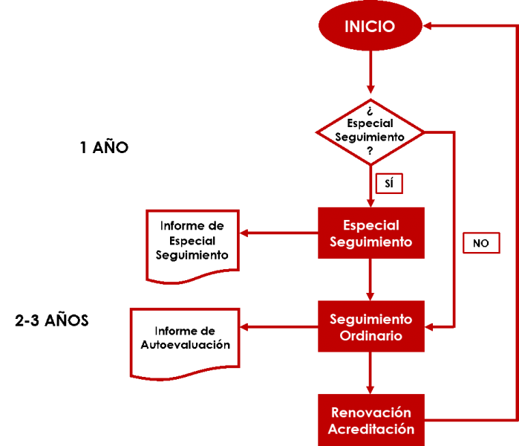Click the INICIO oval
370,26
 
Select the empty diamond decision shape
371,132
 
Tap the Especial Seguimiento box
371,233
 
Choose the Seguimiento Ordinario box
371,326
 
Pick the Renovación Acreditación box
371,420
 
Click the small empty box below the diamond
389,183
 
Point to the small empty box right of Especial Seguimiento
481,243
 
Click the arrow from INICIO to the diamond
371,73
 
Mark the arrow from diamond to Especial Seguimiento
371,186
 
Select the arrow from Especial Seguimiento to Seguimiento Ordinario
371,279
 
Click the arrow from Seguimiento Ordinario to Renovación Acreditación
371,372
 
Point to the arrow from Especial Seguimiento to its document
278,233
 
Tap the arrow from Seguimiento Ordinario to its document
278,326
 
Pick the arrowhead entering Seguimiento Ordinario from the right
431,326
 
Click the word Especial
371,225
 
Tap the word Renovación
371,413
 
